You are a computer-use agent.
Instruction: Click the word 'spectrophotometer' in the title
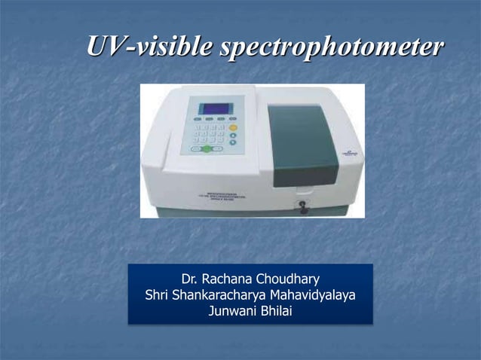pos(329,47)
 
